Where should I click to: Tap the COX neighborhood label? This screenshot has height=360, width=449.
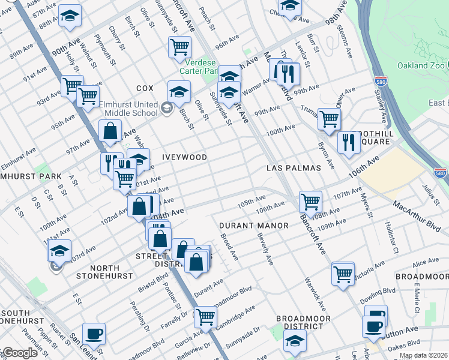click(145, 88)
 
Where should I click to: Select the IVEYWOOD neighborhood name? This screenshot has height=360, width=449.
click(184, 157)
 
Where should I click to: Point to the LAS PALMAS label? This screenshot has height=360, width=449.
click(294, 168)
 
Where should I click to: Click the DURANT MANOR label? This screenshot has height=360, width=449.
click(253, 226)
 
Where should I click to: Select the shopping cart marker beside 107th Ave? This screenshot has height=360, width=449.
click(310, 201)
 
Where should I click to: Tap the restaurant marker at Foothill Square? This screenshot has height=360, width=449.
click(346, 142)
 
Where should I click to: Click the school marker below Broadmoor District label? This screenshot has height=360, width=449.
click(294, 341)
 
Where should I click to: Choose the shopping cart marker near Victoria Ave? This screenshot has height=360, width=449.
click(343, 274)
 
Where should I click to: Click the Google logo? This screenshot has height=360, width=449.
click(19, 353)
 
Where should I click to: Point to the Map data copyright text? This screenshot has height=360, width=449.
click(423, 355)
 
